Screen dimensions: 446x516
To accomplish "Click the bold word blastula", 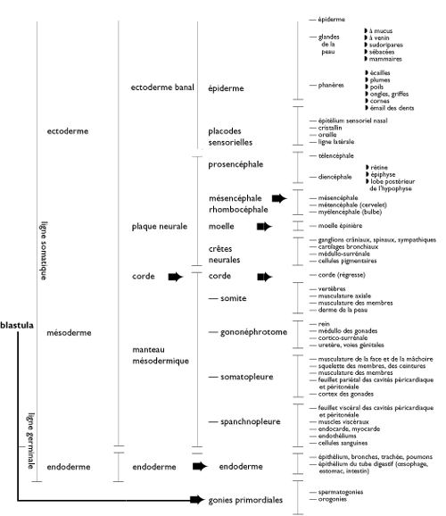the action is point(17,325).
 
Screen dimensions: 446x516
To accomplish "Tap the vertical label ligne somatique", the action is point(44,251).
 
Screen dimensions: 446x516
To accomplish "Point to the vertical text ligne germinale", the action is point(30,441).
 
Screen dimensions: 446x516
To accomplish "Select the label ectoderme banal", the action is point(162,87).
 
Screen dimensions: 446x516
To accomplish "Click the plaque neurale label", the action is point(160,227).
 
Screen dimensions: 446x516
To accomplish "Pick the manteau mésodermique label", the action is point(161,355).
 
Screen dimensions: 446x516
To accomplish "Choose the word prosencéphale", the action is point(235,164).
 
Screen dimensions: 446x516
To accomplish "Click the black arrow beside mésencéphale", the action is point(279,198).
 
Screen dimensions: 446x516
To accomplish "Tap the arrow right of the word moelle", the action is point(264,227).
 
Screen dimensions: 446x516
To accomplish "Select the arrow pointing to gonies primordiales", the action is point(197,500).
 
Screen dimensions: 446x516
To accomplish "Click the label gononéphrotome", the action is point(253,332).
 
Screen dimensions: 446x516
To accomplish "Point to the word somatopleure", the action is point(247,377).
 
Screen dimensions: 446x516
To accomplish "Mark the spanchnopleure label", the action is point(251,421).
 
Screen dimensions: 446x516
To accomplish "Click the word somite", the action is point(233,298).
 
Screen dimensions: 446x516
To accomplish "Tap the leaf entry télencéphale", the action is point(335,155).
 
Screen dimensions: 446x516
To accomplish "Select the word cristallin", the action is point(330,128).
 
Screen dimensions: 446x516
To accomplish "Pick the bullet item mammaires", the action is point(385,59).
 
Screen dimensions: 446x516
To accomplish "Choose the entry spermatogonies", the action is point(341,492).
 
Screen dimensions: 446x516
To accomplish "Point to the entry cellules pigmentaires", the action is point(347,261).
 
